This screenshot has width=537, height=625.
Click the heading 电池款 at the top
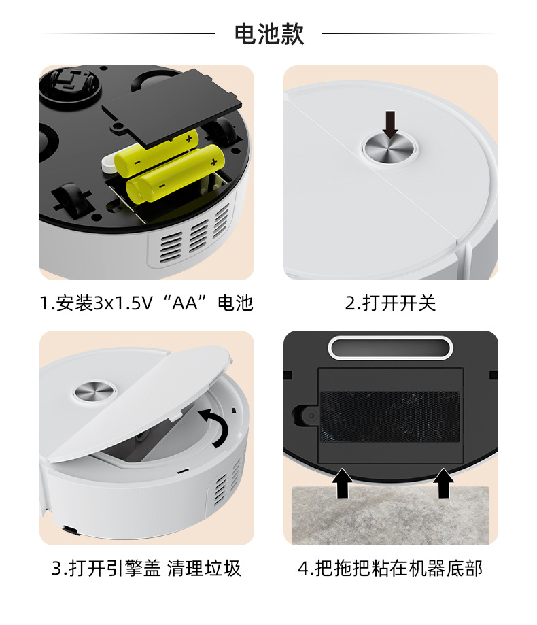(268, 33)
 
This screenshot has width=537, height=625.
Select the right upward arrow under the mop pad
(443, 482)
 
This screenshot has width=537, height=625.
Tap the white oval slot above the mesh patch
(390, 347)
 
